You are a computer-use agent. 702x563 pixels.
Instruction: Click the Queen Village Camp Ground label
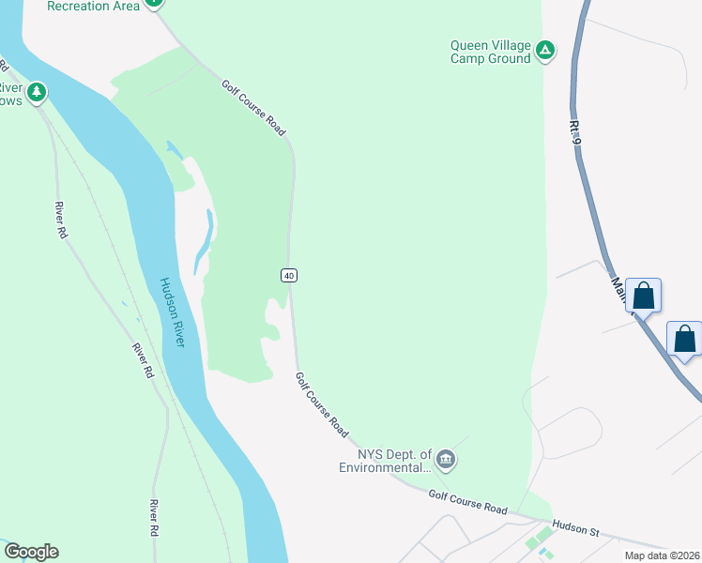[x=490, y=51]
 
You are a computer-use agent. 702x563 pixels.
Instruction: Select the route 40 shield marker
[x=289, y=275]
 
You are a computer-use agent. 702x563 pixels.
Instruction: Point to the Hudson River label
[x=172, y=312]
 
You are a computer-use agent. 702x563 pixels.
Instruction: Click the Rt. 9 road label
[x=575, y=130]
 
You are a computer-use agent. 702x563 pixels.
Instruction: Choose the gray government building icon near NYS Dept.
[x=447, y=460]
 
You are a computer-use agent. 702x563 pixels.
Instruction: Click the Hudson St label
[x=575, y=529]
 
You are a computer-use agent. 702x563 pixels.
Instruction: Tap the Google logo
[x=31, y=552]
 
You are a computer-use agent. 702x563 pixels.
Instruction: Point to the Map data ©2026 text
[x=661, y=555]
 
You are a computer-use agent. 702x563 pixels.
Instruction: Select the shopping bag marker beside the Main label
[x=644, y=296]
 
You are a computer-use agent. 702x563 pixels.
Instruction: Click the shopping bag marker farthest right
[x=685, y=339]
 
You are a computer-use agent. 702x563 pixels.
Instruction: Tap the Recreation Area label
[x=93, y=6]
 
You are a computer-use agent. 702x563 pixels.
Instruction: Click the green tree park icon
[x=37, y=92]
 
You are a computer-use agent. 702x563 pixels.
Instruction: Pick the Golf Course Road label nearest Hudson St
[x=467, y=501]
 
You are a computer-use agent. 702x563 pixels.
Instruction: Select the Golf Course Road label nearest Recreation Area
[x=252, y=107]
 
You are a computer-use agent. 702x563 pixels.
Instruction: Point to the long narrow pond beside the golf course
[x=204, y=241]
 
